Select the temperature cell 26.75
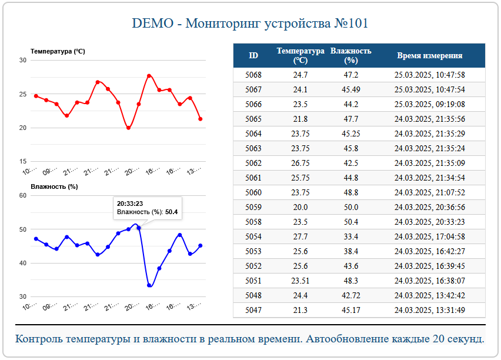pyautogui.click(x=300, y=163)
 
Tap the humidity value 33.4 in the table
pyautogui.click(x=351, y=236)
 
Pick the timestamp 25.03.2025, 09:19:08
pyautogui.click(x=429, y=104)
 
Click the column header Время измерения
pyautogui.click(x=429, y=56)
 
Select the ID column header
pyautogui.click(x=253, y=56)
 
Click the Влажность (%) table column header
pyautogui.click(x=351, y=55)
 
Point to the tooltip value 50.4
pyautogui.click(x=171, y=212)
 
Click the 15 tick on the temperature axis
pyautogui.click(x=23, y=162)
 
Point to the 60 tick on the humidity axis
pyautogui.click(x=23, y=195)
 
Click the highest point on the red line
pyautogui.click(x=149, y=76)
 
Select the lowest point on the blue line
pyautogui.click(x=149, y=285)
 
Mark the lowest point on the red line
pyautogui.click(x=129, y=128)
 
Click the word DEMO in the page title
pyautogui.click(x=151, y=24)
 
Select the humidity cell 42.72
pyautogui.click(x=351, y=295)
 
